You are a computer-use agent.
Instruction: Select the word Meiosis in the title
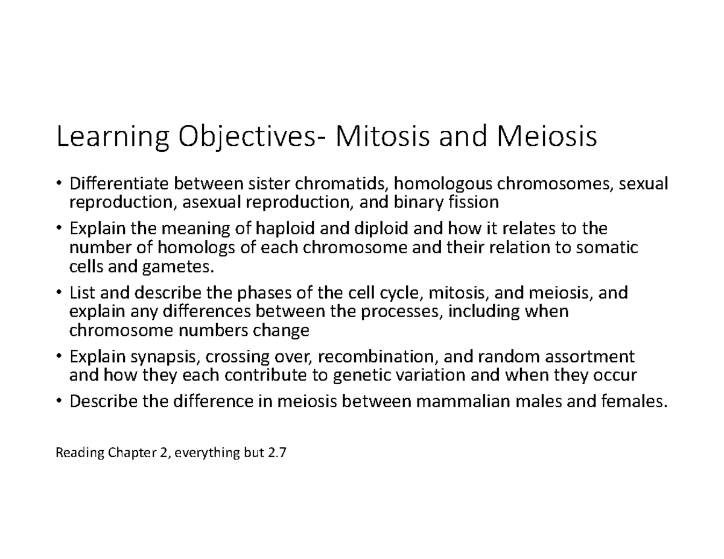[547, 137]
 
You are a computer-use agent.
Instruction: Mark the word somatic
[609, 247]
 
